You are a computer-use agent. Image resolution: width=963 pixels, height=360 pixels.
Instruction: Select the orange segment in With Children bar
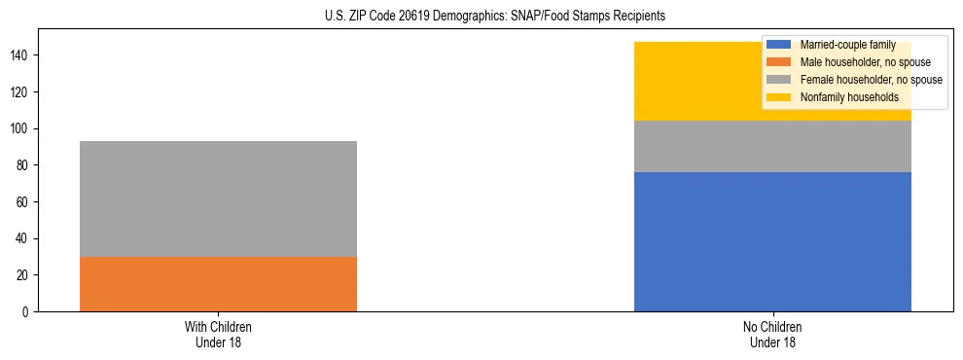click(218, 284)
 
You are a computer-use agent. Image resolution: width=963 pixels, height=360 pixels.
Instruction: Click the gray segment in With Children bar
click(218, 198)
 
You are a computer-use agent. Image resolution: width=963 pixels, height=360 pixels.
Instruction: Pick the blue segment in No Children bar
click(772, 241)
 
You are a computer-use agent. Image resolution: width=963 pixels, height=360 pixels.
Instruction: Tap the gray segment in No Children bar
click(772, 146)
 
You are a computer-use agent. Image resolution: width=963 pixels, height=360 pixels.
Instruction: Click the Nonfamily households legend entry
click(849, 97)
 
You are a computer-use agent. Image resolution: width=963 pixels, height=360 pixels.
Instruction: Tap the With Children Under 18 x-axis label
click(218, 334)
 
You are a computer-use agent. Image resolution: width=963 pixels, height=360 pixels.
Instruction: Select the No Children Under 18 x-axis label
click(772, 334)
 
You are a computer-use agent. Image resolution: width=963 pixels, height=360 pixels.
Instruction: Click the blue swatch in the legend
click(779, 45)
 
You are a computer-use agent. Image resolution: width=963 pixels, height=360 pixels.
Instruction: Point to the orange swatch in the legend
click(779, 62)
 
